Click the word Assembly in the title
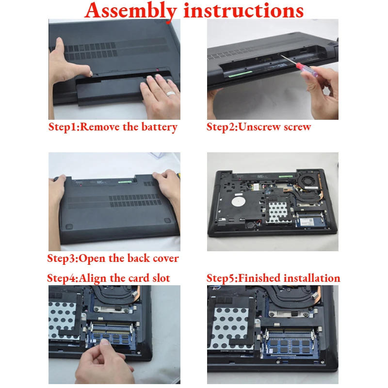click(130, 11)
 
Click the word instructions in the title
click(243, 10)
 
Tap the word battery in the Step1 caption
click(160, 127)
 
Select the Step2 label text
click(222, 127)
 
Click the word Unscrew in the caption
click(260, 127)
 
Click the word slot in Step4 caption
click(161, 278)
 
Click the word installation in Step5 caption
click(312, 278)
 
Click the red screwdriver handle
click(307, 69)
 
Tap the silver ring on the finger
click(171, 94)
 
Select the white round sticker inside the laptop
click(239, 201)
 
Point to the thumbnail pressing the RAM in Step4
click(106, 342)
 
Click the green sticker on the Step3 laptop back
click(125, 182)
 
